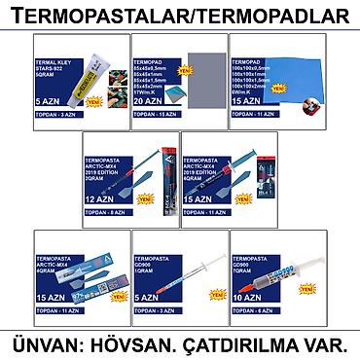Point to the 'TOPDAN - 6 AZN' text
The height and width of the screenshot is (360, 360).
255,312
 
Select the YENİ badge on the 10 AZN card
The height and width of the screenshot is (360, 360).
308,289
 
